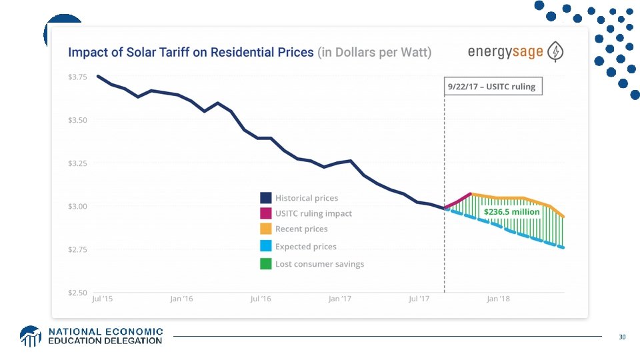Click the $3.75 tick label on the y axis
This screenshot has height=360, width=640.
point(77,77)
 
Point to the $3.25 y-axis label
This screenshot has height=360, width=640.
point(77,163)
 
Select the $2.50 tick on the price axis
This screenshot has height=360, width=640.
point(77,293)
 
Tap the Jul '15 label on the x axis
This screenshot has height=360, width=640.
point(102,299)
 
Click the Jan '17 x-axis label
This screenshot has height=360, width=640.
point(339,299)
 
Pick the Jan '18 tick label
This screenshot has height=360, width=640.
point(498,299)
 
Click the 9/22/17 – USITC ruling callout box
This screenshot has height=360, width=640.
point(493,87)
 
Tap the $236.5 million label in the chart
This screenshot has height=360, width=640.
point(511,211)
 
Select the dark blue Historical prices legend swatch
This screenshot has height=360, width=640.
point(265,198)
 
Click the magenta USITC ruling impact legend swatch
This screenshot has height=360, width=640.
point(265,213)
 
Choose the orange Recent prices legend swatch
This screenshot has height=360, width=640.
point(265,229)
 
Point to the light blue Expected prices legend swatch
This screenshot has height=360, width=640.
point(265,247)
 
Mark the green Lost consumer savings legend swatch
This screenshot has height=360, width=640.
point(265,264)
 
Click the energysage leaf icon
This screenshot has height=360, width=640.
point(555,51)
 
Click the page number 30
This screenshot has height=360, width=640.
point(622,337)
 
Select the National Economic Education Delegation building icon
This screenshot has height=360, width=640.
point(31,336)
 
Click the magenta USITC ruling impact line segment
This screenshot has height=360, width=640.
point(459,201)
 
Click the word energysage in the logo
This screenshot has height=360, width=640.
point(505,52)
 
